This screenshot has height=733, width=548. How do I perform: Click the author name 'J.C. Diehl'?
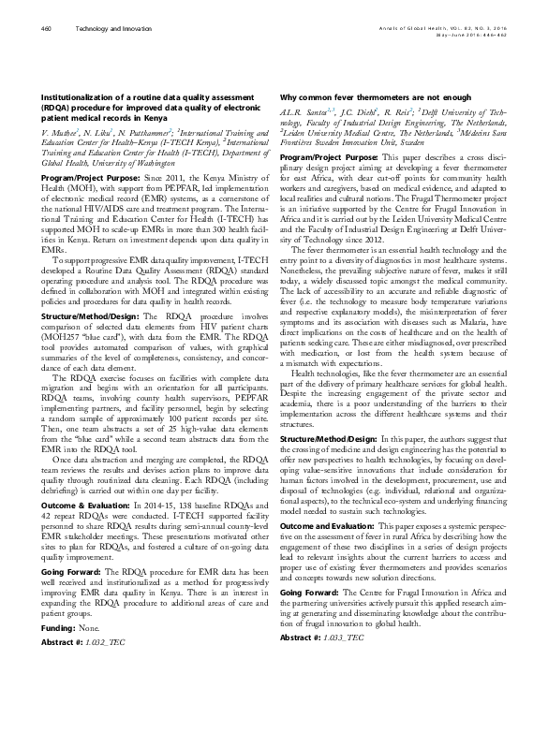pyautogui.click(x=353, y=112)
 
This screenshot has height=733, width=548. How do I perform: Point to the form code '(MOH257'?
pyautogui.click(x=61, y=334)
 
